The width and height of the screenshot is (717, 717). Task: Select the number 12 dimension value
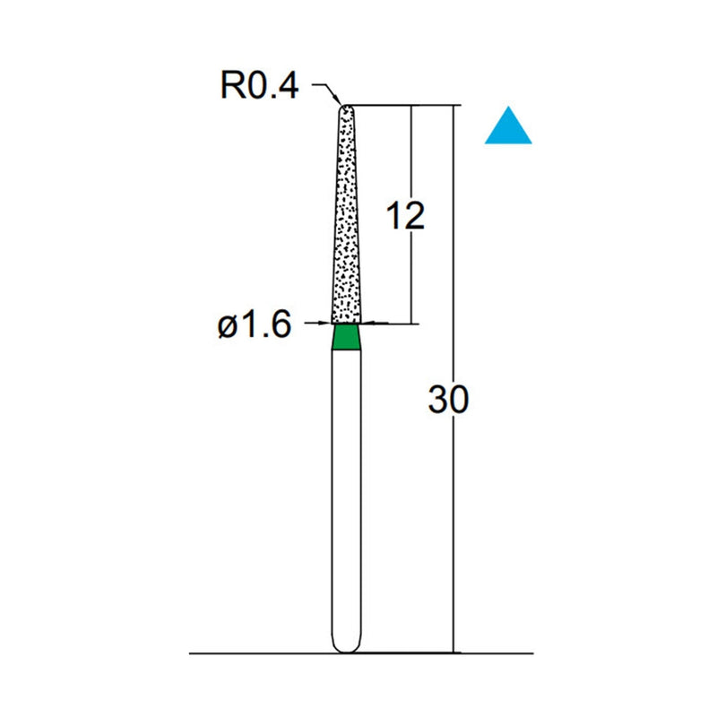pyautogui.click(x=404, y=216)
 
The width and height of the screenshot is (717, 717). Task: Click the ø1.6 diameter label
pyautogui.click(x=255, y=325)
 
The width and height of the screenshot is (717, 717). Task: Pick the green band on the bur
pyautogui.click(x=346, y=337)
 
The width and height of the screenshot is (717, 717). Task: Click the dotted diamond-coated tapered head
pyautogui.click(x=346, y=224)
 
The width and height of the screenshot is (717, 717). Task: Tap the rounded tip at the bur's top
pyautogui.click(x=346, y=108)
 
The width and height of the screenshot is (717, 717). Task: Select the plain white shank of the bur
pyautogui.click(x=346, y=493)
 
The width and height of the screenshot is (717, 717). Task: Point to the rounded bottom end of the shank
pyautogui.click(x=346, y=647)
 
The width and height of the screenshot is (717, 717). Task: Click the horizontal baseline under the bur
pyautogui.click(x=269, y=654)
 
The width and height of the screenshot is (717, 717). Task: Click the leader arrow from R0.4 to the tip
pyautogui.click(x=328, y=91)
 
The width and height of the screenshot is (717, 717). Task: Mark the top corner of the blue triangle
pyautogui.click(x=508, y=108)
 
